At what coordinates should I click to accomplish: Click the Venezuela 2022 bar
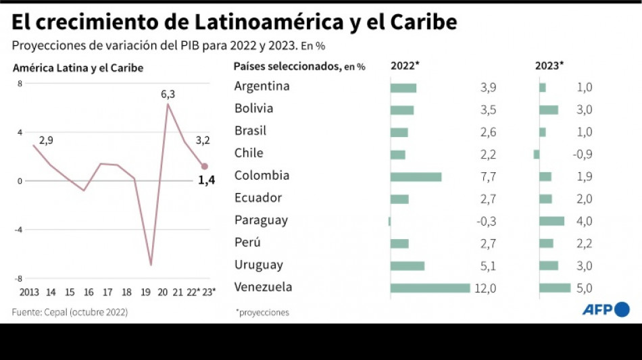coord(430,288)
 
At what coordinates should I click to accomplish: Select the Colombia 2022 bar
coord(416,176)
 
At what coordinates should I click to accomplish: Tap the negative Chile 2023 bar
coord(536,154)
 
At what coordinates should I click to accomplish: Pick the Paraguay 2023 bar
coord(551,221)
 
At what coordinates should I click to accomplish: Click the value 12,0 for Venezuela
coord(485,288)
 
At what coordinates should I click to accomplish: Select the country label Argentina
coord(262,86)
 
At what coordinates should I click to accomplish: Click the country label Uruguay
coord(258,265)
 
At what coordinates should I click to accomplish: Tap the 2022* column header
coord(405,66)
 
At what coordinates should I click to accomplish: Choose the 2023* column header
coord(549,66)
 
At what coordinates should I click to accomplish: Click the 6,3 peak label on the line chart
coord(168,94)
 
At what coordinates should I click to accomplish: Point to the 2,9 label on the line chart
coord(46,140)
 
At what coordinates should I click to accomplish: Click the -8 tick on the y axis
coord(20,278)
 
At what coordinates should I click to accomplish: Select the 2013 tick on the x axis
coord(29,292)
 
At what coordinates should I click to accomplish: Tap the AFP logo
coord(606,309)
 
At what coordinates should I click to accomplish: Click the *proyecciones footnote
coord(262,312)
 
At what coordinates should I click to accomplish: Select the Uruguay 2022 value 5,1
coord(487,265)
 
